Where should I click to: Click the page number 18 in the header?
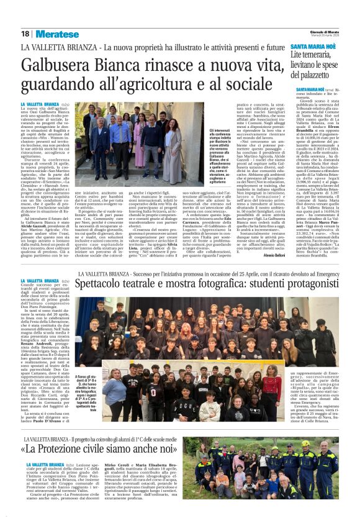click(x=25, y=34)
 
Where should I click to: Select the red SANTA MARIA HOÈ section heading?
click(x=314, y=47)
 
